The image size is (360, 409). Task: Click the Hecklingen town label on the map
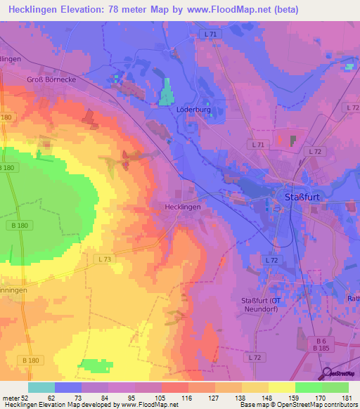pos(182,207)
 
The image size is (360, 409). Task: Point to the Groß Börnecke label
pos(51,80)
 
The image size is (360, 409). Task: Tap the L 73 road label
pos(105,259)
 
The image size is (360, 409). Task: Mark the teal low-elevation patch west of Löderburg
pos(167,92)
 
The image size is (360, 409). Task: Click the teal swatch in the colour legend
pos(41,387)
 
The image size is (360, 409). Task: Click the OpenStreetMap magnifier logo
pos(328,373)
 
